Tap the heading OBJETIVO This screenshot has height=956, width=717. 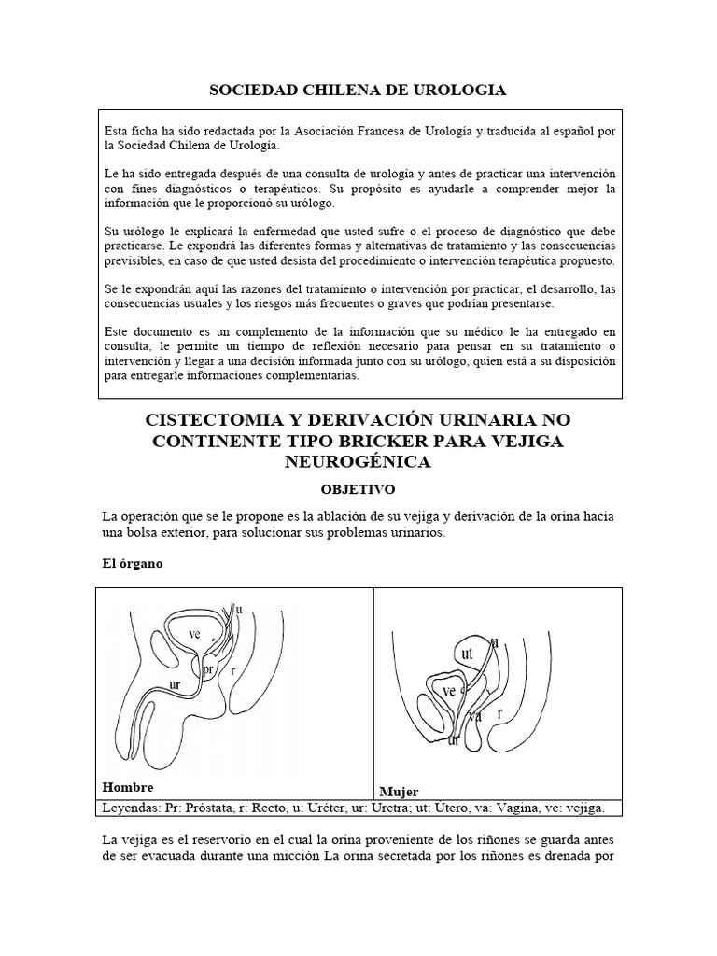coord(358,488)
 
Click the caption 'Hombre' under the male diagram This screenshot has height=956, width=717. coord(127,786)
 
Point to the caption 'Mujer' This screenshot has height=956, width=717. coord(399,791)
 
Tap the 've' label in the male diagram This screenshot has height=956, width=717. coord(195,633)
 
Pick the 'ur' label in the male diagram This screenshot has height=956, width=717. coord(176,684)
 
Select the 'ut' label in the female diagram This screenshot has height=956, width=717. coord(468,654)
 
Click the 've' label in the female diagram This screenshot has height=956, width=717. coord(448,692)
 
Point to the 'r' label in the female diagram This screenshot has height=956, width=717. coord(501,711)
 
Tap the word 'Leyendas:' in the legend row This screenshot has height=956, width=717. coord(134,807)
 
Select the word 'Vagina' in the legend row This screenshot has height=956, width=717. coord(535,807)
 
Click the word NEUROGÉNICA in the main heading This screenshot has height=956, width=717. coord(358,461)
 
